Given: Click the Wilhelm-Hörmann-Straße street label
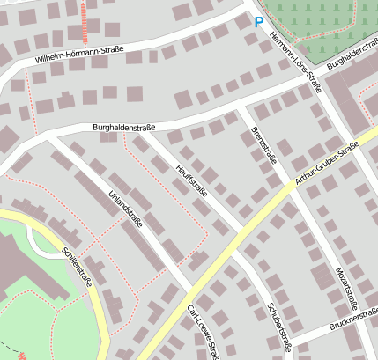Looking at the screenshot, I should tap(79, 55).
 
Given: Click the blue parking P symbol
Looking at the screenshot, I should tap(258, 23).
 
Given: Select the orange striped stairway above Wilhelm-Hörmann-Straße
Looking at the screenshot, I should tap(85, 23).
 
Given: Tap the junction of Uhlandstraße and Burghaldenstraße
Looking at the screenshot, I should tap(48, 137).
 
